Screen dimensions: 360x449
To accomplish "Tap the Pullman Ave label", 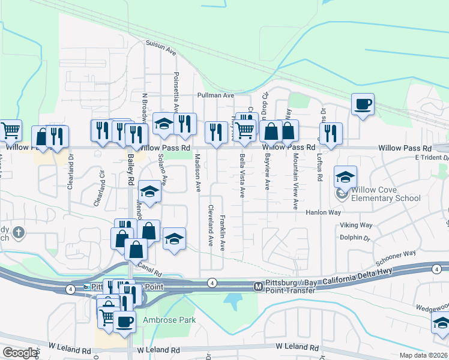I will (x=215, y=95).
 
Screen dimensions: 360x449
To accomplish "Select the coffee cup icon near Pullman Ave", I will (x=363, y=104).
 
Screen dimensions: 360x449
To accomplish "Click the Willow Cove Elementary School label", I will (x=386, y=194).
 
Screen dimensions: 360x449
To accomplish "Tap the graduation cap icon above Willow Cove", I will (x=345, y=177).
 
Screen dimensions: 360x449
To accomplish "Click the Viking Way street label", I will (x=356, y=226).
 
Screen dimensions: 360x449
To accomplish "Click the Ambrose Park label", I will (x=169, y=320).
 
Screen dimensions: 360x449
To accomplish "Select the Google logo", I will (x=20, y=353).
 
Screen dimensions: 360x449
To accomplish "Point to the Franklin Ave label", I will (x=223, y=233).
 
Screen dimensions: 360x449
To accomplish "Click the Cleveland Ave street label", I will (x=211, y=226).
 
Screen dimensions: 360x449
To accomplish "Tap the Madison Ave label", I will (x=197, y=173).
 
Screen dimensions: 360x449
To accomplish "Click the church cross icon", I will (x=19, y=232).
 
